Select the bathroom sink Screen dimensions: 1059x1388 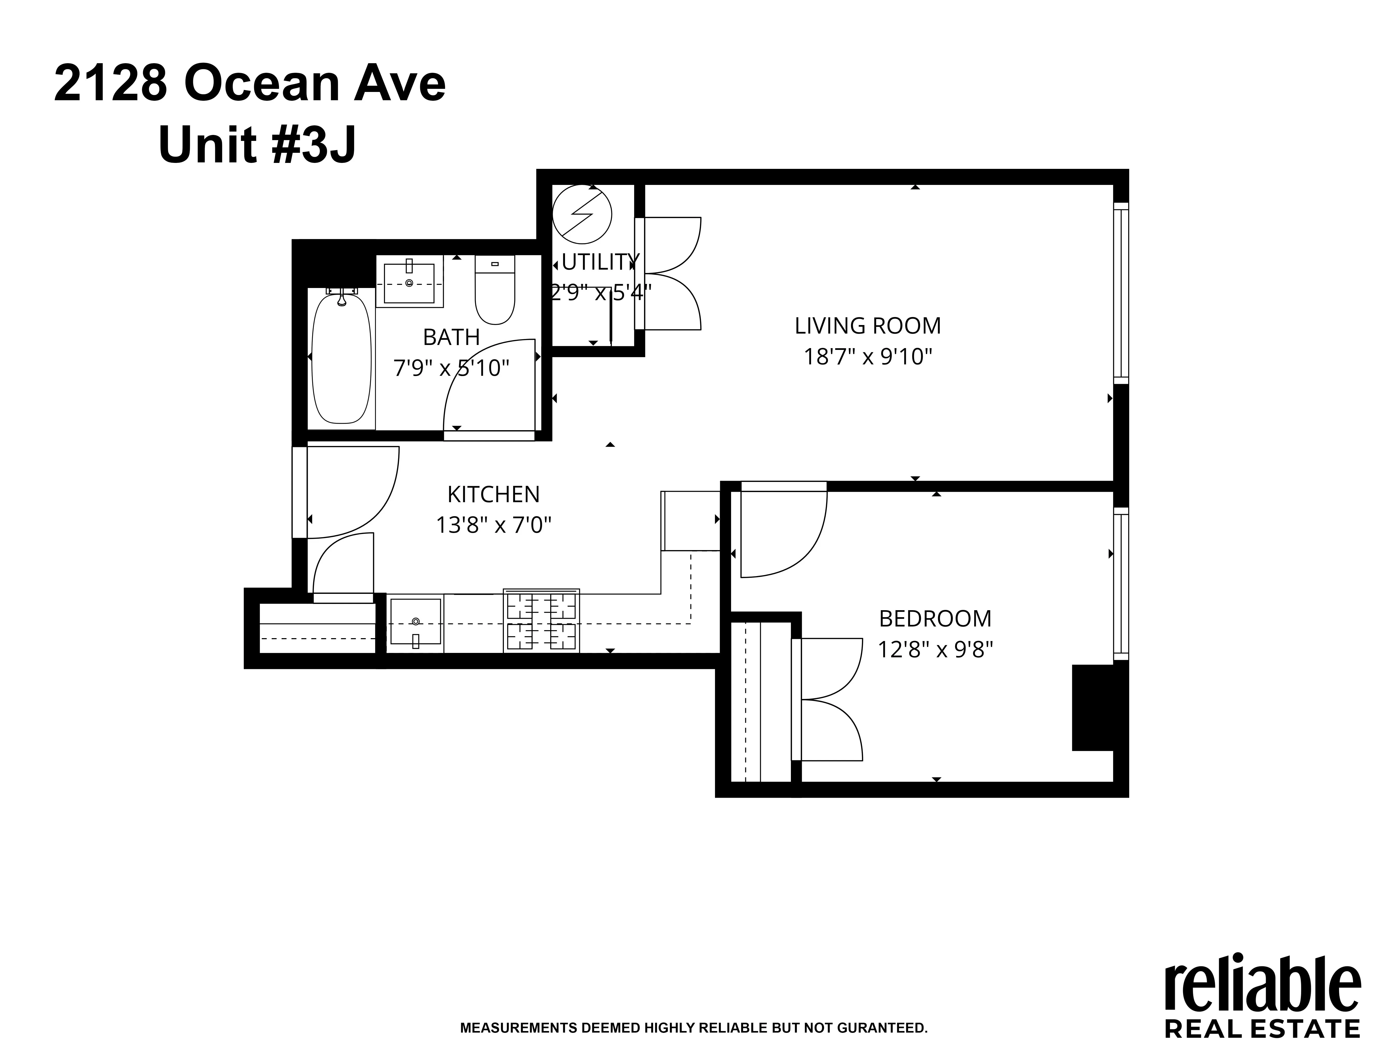409,284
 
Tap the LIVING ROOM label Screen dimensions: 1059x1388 867,326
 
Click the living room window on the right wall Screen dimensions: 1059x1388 1120,293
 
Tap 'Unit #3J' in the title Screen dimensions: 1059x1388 257,145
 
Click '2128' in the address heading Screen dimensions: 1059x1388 110,84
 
